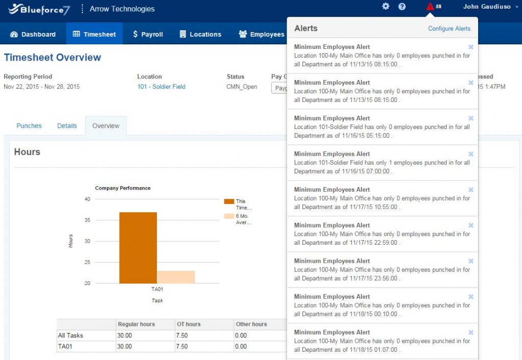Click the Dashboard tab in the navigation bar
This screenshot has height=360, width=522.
point(33,34)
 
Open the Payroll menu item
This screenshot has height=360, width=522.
point(147,34)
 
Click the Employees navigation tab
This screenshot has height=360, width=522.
point(262,34)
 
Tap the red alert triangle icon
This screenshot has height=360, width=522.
point(430,7)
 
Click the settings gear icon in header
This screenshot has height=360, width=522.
point(386,7)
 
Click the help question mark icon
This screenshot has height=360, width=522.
point(402,7)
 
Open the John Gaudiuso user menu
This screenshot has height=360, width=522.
point(487,7)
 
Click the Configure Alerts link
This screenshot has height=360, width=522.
point(449,29)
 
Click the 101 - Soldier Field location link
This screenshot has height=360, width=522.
point(161,87)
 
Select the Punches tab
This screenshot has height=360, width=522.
point(29,126)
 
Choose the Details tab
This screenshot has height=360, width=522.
point(67,126)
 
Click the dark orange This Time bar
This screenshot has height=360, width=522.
point(138,247)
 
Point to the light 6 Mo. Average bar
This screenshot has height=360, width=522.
point(176,277)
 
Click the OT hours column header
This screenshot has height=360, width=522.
point(188,324)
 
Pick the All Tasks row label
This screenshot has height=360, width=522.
point(70,336)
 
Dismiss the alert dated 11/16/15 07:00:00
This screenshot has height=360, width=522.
point(471,154)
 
